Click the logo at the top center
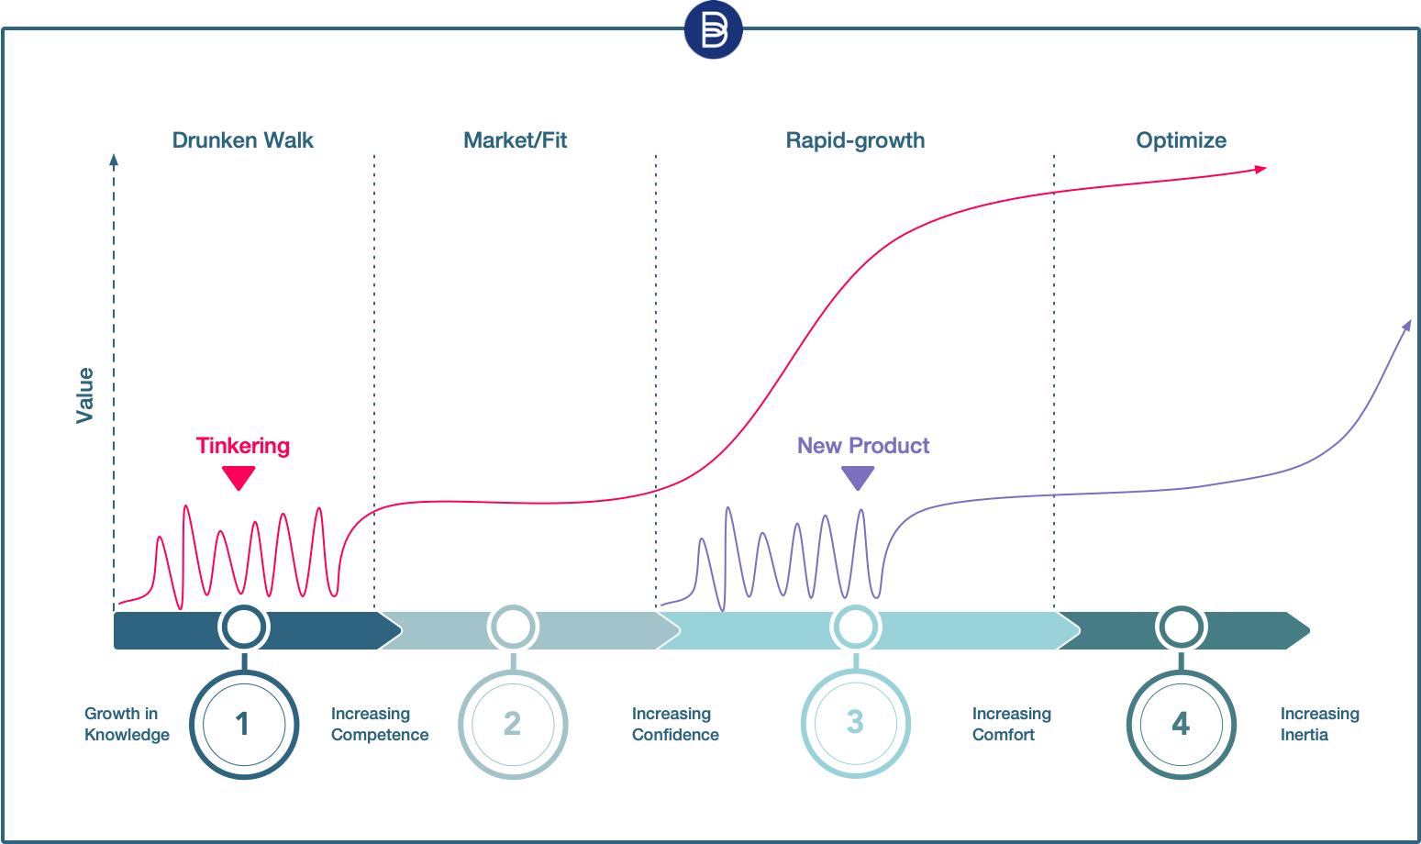tap(713, 30)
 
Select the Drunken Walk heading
tap(242, 140)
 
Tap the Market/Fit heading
tap(515, 140)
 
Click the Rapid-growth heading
tap(855, 140)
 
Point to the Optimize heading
tap(1181, 140)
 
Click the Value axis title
tap(85, 394)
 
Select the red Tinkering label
tap(243, 446)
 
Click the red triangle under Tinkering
tap(239, 477)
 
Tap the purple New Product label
tap(863, 446)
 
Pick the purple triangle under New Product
tap(858, 477)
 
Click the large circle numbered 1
tap(244, 725)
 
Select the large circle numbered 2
tap(513, 725)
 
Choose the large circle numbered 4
tap(1181, 725)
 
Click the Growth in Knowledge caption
tap(127, 724)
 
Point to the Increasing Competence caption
tap(380, 724)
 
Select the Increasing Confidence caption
tap(675, 724)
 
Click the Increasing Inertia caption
tap(1319, 724)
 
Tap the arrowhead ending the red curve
tap(1261, 169)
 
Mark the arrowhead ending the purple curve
tap(1407, 325)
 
